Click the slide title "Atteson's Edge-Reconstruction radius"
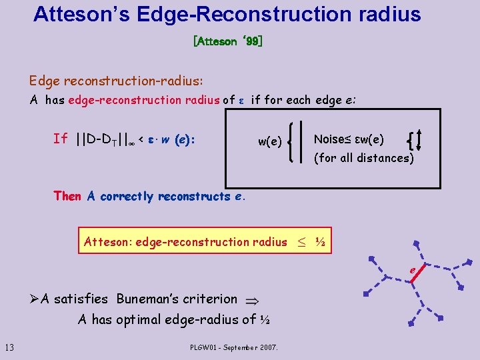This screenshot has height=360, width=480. pyautogui.click(x=227, y=14)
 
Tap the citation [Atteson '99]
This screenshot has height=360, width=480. pyautogui.click(x=227, y=41)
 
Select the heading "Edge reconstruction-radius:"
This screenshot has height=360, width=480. pyautogui.click(x=116, y=81)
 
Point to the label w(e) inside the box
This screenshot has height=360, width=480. pyautogui.click(x=271, y=141)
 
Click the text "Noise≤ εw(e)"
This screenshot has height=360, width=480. pyautogui.click(x=349, y=139)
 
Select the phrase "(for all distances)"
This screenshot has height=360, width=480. pyautogui.click(x=364, y=158)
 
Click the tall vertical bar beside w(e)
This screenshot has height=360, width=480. pyautogui.click(x=301, y=141)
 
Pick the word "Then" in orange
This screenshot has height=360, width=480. pyautogui.click(x=67, y=196)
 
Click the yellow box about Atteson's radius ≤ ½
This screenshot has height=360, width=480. pyautogui.click(x=205, y=242)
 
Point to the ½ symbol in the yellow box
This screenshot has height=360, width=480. pyautogui.click(x=320, y=242)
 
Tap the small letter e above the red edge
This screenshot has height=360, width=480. pyautogui.click(x=413, y=269)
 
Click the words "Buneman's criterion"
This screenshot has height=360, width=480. pyautogui.click(x=177, y=299)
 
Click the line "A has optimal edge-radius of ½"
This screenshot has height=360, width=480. pyautogui.click(x=173, y=319)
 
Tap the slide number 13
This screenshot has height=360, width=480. pyautogui.click(x=9, y=346)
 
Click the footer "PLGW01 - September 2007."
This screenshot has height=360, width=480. pyautogui.click(x=234, y=347)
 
